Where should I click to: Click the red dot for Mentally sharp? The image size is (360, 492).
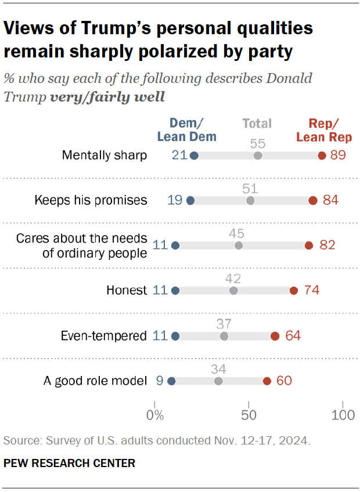[x=322, y=155]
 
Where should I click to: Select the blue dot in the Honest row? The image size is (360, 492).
[x=175, y=291]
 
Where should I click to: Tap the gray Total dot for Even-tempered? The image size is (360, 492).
[x=224, y=336]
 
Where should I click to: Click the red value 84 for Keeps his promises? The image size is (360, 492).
[x=330, y=201]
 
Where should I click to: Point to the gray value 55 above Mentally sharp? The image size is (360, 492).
[x=258, y=142]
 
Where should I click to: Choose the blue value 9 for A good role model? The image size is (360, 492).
[x=159, y=381]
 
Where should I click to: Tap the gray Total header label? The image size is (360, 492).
[x=257, y=123]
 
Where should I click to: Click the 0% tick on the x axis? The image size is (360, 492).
[x=154, y=416]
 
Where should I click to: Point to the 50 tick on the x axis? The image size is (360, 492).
[x=249, y=416]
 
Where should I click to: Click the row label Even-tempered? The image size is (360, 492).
[x=103, y=336]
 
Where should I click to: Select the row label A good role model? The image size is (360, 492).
[x=95, y=381]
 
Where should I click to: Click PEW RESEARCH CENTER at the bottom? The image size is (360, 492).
[x=69, y=463]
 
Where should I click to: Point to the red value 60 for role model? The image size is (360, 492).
[x=284, y=381]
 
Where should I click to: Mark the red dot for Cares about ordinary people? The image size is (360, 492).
[x=309, y=245]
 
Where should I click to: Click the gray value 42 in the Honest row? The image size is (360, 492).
[x=233, y=278]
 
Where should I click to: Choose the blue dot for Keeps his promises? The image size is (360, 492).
[x=190, y=201]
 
